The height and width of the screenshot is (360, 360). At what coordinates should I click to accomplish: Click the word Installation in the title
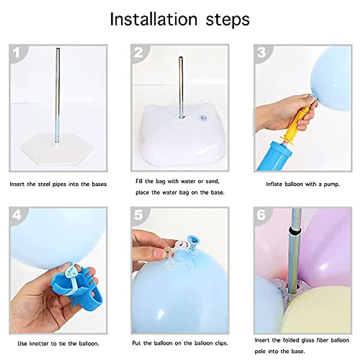(153, 19)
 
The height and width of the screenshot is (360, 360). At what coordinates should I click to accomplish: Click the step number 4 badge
(16, 215)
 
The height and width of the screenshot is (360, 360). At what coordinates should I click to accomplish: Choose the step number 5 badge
(138, 215)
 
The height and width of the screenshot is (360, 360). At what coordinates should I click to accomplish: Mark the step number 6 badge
(261, 215)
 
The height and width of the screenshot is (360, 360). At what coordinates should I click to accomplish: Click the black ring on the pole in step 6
(294, 231)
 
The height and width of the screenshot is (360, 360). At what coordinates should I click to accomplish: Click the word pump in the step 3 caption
(331, 184)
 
